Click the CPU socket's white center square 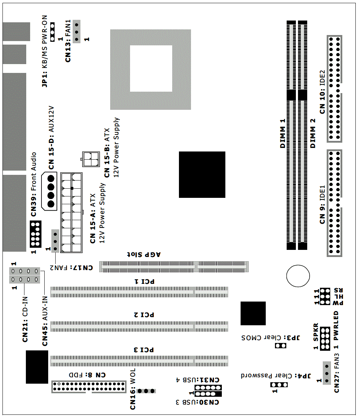coord(151,68)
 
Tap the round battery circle coord(298,276)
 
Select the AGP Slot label coord(144,254)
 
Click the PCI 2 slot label coord(144,315)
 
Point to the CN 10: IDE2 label coord(322,92)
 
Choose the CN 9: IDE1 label coord(322,205)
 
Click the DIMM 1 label coord(283,133)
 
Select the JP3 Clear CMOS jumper coord(281,346)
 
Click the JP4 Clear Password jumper coord(279,385)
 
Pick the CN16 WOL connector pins coord(146,391)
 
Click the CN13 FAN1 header coord(77,32)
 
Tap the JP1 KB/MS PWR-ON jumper coord(52,32)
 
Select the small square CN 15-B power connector coord(91,159)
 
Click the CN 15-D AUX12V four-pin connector coord(49,191)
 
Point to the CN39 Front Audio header coord(35,234)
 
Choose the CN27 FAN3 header coord(327,373)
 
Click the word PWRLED coord(336,326)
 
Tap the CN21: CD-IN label coord(25,319)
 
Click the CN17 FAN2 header coord(55,241)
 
